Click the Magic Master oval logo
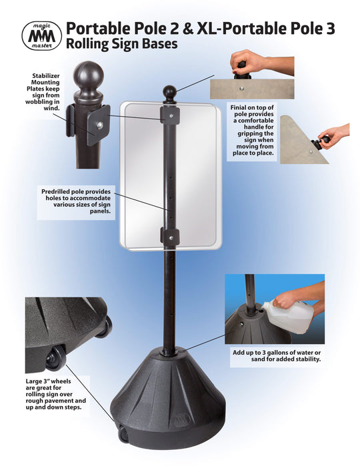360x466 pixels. coord(41,35)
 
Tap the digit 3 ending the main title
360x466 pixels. coord(330,29)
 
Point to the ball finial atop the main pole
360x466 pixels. coord(170,93)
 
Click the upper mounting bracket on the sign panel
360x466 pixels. coord(170,115)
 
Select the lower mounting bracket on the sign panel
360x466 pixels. coord(170,237)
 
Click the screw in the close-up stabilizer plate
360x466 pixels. coord(100,125)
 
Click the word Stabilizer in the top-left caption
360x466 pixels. coord(46,76)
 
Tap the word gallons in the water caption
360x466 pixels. coord(279,353)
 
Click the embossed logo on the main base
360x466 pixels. coord(181,420)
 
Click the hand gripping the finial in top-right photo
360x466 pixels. coord(259,63)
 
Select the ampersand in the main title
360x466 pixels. coord(187,29)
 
